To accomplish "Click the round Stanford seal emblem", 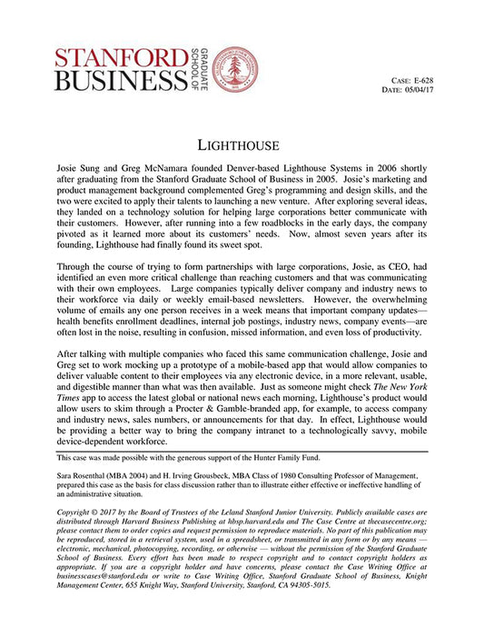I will pyautogui.click(x=234, y=69).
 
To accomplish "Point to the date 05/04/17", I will pyautogui.click(x=435, y=90).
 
